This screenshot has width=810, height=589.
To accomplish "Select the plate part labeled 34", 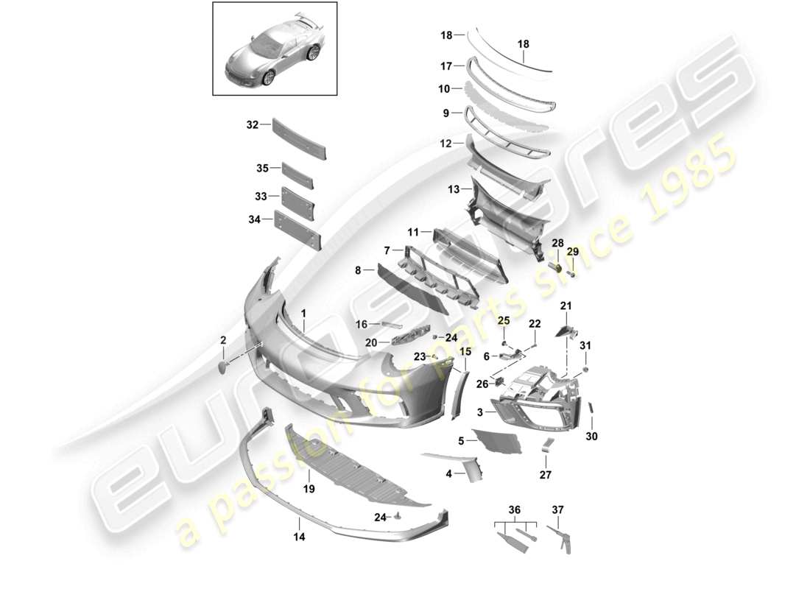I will [x=298, y=230].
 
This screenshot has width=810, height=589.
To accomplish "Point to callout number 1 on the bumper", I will [x=303, y=314].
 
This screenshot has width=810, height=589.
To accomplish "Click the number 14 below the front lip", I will [x=300, y=537].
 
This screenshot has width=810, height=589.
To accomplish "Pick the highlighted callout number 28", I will [x=557, y=244].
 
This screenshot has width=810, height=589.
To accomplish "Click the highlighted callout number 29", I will [x=573, y=252].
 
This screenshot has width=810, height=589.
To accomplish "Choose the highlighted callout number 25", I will [x=504, y=320].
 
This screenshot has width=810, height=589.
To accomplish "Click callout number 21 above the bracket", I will [x=566, y=306].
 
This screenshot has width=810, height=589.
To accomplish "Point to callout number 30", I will [x=592, y=437].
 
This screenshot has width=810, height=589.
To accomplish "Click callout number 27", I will [x=545, y=476].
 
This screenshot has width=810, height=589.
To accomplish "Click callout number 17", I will [x=445, y=66].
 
